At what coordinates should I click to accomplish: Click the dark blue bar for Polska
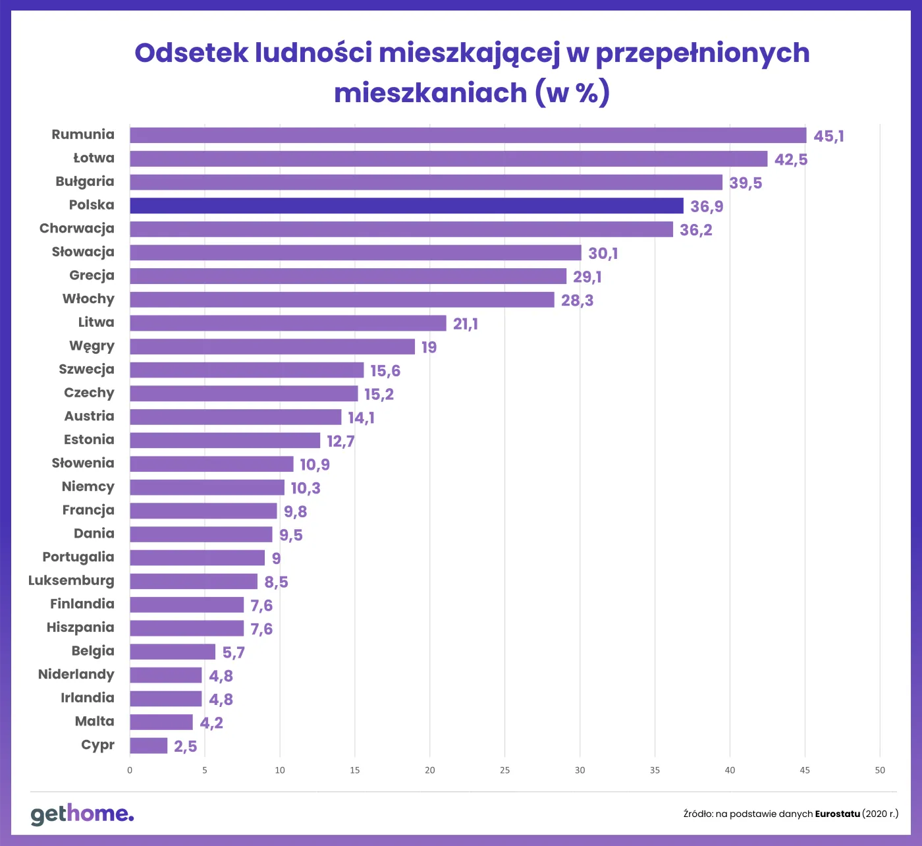pos(406,206)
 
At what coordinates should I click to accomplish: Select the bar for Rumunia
pos(468,135)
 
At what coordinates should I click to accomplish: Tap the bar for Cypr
pos(149,746)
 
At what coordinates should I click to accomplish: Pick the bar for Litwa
pos(288,323)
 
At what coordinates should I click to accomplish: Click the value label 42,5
pos(790,159)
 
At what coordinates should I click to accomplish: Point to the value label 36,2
pos(695,230)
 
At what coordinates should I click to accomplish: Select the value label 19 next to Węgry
pos(429,347)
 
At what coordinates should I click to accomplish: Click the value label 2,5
pos(185,747)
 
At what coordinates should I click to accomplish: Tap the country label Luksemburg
pos(71,580)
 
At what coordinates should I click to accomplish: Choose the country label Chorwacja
pos(76,229)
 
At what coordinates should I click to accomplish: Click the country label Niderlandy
pos(76,675)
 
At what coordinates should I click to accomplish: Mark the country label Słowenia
pos(83,463)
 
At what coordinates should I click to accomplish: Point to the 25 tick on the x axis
pos(504,770)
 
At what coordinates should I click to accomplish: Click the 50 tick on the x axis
pos(880,770)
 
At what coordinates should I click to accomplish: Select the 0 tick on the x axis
pos(130,770)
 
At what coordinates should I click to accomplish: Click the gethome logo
pos(82,814)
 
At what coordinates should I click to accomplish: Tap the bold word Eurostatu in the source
pos(837,814)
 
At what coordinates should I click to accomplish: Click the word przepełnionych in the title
pos(702,53)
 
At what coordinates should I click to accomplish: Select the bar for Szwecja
pos(246,370)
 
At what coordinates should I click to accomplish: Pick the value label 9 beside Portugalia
pos(276,559)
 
